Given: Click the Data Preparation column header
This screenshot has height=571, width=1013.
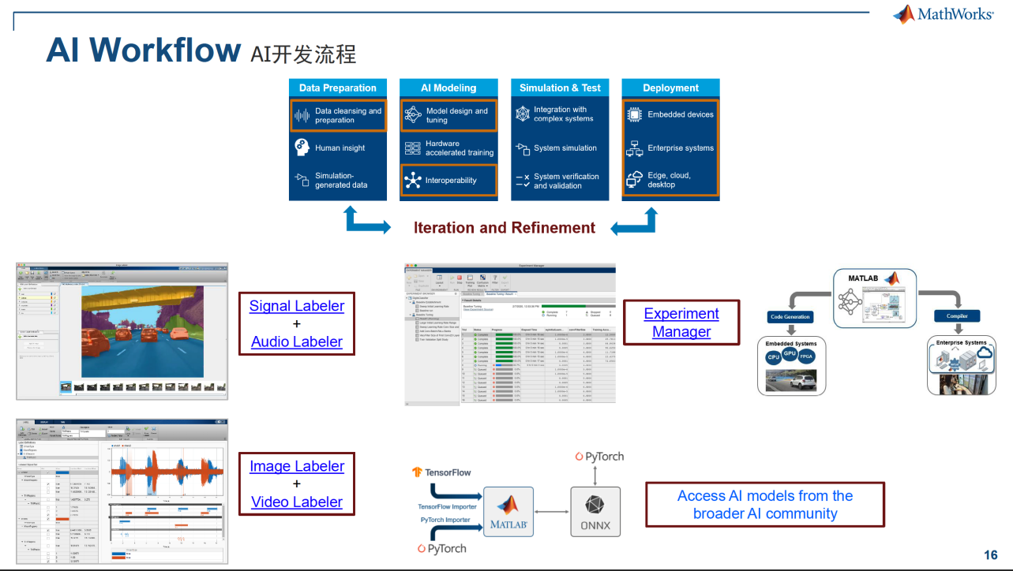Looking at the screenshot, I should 337,88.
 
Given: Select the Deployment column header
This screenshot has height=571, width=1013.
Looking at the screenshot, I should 670,88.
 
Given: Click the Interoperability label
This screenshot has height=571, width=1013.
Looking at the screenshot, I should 451,180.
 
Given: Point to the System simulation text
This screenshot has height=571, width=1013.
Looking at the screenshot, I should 565,147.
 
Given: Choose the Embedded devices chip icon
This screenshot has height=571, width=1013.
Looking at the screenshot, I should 635,114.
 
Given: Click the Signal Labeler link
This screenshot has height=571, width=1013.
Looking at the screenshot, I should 297,306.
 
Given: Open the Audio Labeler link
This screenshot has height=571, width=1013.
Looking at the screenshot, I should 297,341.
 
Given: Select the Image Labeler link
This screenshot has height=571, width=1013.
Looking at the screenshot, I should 297,466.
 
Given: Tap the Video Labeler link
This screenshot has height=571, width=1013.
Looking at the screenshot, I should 297,502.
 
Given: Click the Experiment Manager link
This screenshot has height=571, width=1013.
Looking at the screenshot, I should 681,323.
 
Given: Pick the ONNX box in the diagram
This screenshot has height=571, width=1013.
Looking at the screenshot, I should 596,513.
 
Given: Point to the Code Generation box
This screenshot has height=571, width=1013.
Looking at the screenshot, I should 790,316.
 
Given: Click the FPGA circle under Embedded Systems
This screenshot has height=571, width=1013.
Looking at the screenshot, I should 807,356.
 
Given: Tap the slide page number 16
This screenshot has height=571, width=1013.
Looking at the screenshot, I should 991,554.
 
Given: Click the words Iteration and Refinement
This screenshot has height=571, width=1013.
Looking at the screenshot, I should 505,228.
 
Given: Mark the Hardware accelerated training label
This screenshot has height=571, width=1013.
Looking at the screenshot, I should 459,148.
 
